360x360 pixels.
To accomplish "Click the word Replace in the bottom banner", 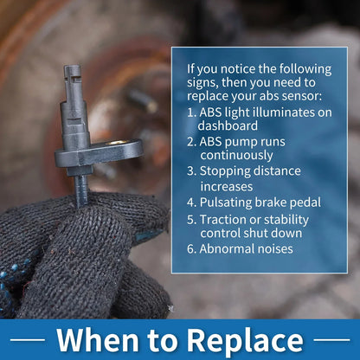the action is pyautogui.click(x=245, y=340).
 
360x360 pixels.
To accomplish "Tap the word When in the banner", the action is pyautogui.click(x=97, y=339).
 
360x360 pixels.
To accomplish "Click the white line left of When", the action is pyautogui.click(x=28, y=340).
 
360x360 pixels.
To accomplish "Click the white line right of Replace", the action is pyautogui.click(x=331, y=340).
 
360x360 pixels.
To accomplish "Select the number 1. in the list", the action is pyautogui.click(x=191, y=112).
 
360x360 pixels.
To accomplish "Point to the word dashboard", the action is pyautogui.click(x=228, y=125).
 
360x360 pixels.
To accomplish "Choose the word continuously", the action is pyautogui.click(x=236, y=156).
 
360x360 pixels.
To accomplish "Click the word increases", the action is pyautogui.click(x=227, y=187).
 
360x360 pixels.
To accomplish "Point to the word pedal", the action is pyautogui.click(x=305, y=203).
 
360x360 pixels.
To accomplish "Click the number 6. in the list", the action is pyautogui.click(x=191, y=249).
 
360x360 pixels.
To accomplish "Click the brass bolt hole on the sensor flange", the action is pyautogui.click(x=118, y=142).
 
